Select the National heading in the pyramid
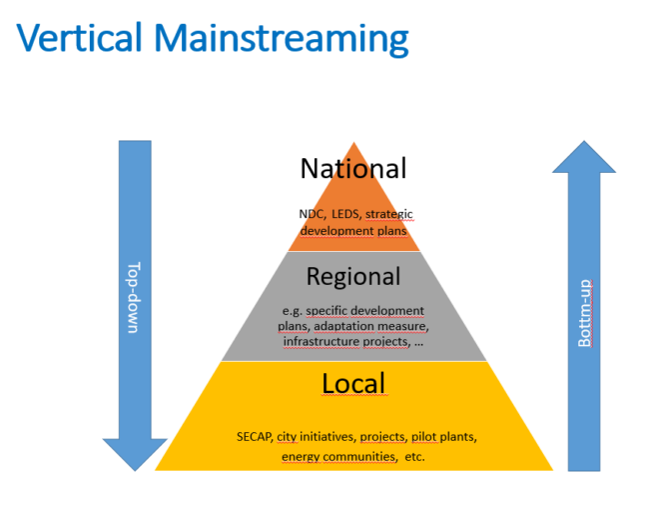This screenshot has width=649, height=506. pos(353,168)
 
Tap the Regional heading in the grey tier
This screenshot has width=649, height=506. pos(353,276)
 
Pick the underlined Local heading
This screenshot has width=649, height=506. pos(353,383)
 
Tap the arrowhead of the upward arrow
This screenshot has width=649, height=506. pos(584,159)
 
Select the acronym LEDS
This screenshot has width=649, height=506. pos(346,214)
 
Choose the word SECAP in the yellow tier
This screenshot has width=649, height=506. pos(254,437)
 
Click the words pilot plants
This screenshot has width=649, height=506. pos(444,437)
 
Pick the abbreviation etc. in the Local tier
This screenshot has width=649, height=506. pos(414,457)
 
